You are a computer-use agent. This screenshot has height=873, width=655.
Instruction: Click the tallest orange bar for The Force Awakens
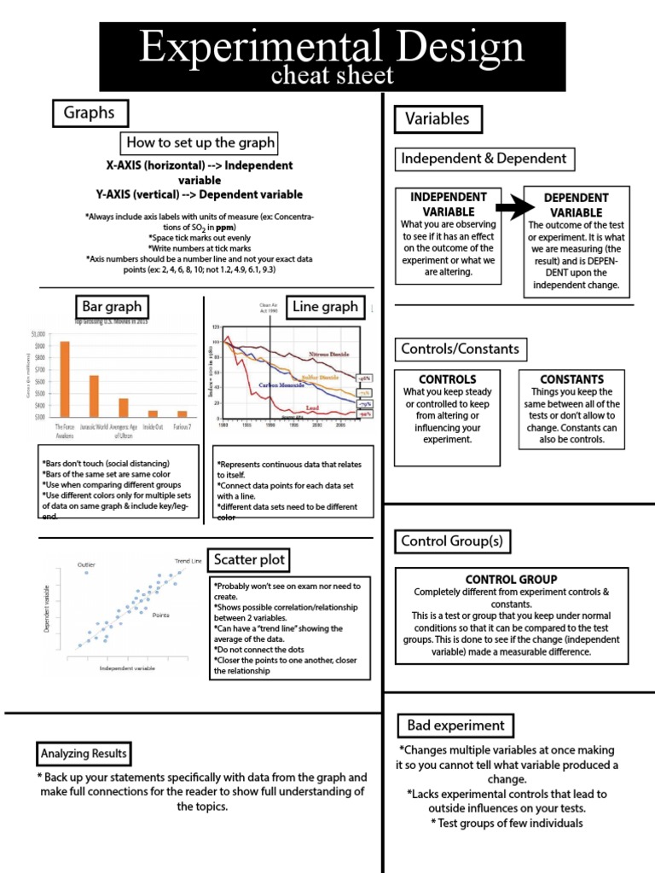[64, 379]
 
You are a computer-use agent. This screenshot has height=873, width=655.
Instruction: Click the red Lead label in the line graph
[313, 408]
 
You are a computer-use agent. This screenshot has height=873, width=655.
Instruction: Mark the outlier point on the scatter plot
[86, 573]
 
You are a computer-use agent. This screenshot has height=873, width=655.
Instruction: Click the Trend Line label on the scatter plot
[188, 561]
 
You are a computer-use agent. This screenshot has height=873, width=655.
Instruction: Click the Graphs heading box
[90, 113]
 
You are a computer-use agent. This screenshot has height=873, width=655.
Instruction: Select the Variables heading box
[437, 119]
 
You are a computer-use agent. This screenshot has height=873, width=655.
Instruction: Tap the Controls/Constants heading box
[460, 349]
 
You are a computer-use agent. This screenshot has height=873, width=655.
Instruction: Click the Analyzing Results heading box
[84, 754]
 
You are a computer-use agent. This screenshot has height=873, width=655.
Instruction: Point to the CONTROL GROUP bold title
[511, 579]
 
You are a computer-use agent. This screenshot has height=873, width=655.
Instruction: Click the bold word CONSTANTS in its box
[571, 379]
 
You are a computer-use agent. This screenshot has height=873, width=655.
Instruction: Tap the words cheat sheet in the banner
[332, 76]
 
